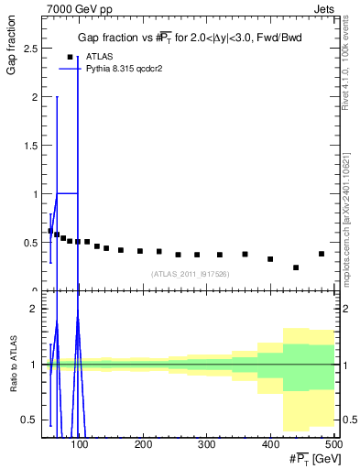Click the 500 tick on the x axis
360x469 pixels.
point(333,444)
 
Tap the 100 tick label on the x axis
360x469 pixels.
point(80,444)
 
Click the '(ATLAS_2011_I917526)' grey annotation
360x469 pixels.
point(189,273)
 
